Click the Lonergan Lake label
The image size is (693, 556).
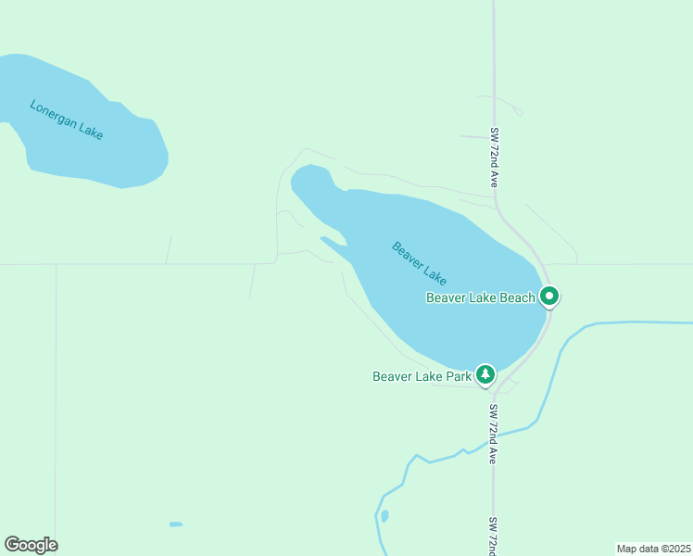point(67,120)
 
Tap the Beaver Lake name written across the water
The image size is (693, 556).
point(420,263)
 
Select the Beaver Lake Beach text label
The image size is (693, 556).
point(480,297)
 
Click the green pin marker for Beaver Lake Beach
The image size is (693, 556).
point(549,297)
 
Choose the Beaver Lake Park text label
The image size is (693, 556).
point(422,376)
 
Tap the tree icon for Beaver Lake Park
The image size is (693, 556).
point(485,374)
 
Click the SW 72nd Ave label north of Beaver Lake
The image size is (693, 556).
point(495,158)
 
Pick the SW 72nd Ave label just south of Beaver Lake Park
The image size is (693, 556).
point(495,434)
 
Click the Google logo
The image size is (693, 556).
point(31,545)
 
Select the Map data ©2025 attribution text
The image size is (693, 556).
point(654,549)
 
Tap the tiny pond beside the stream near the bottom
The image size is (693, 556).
point(384,515)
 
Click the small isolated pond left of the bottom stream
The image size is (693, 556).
point(176,524)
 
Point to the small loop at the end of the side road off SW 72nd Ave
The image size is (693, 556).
point(515,110)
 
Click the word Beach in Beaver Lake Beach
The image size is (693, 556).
point(518,297)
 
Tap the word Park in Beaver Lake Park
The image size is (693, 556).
point(458,376)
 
